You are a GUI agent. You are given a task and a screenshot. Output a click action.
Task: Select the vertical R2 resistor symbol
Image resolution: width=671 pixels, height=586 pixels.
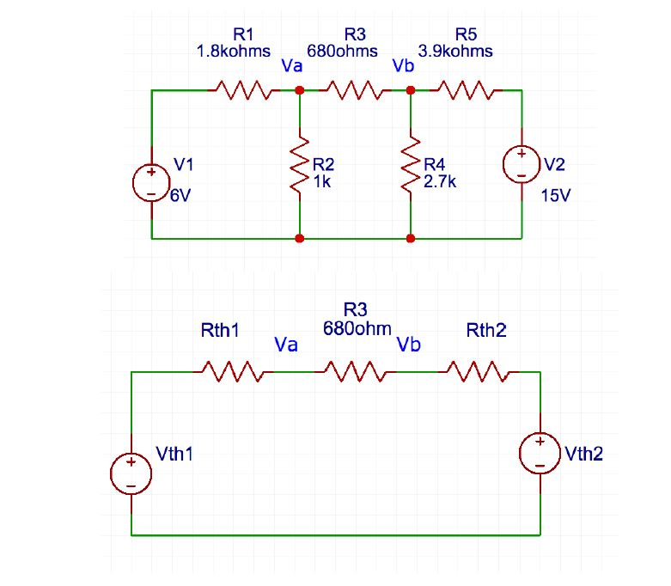point(299,164)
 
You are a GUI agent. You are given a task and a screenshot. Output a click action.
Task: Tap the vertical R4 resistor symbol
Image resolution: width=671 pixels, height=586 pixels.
point(411,164)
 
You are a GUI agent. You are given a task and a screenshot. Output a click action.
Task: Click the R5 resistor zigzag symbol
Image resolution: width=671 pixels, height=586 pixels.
point(465,90)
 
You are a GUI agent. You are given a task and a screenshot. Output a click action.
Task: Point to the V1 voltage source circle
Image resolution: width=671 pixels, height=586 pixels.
point(151,181)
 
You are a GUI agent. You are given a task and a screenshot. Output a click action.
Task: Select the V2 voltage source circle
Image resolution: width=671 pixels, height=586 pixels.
point(522,164)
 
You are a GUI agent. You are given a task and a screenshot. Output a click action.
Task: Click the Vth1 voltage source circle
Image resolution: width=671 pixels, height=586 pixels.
point(131,473)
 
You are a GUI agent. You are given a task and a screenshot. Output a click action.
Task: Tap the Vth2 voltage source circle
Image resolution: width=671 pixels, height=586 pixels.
point(540,454)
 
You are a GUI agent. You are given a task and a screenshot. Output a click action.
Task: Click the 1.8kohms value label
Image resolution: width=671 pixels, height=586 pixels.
point(234,51)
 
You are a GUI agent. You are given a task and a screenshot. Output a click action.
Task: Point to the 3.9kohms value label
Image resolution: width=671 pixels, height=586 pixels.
point(455,51)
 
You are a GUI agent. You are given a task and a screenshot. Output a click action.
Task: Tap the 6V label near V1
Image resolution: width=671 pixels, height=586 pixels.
point(180,196)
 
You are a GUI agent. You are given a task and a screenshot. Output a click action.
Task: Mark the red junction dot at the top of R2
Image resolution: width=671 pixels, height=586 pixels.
point(299,90)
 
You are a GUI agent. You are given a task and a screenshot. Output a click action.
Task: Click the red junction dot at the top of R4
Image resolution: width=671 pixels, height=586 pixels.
point(411,90)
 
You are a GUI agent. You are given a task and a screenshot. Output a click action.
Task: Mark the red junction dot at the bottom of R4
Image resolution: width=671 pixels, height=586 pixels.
point(411,238)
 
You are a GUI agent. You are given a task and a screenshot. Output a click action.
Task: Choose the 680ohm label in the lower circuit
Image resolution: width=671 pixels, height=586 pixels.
point(357,328)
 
